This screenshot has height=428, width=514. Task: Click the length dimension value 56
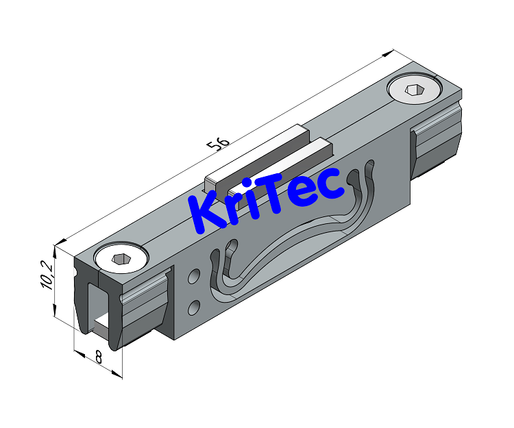tap(219, 142)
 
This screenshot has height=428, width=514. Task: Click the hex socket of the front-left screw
tap(121, 258)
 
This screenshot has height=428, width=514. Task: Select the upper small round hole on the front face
tap(194, 277)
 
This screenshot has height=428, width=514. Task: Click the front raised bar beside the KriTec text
tap(274, 164)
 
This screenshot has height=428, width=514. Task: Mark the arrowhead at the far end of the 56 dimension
tap(393, 52)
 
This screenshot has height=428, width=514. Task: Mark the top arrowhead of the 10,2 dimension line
tap(56, 244)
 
